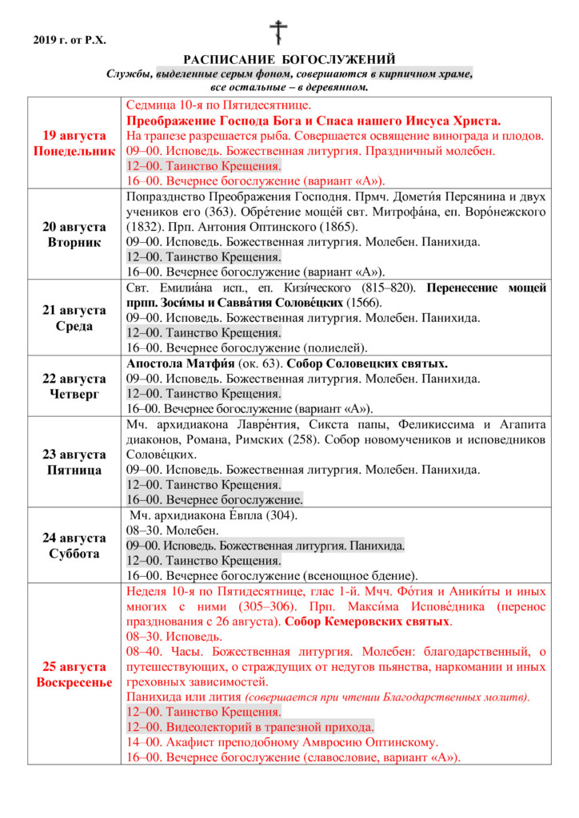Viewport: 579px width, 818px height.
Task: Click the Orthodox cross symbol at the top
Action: click(278, 33)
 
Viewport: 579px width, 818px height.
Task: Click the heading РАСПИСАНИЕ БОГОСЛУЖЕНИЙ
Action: click(289, 60)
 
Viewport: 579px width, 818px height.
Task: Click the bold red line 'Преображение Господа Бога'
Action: click(313, 121)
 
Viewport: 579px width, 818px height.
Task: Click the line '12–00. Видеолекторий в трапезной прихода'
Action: click(250, 727)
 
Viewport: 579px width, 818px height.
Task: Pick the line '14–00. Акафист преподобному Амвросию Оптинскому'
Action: click(282, 742)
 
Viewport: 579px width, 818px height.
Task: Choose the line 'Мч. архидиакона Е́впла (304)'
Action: click(213, 515)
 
